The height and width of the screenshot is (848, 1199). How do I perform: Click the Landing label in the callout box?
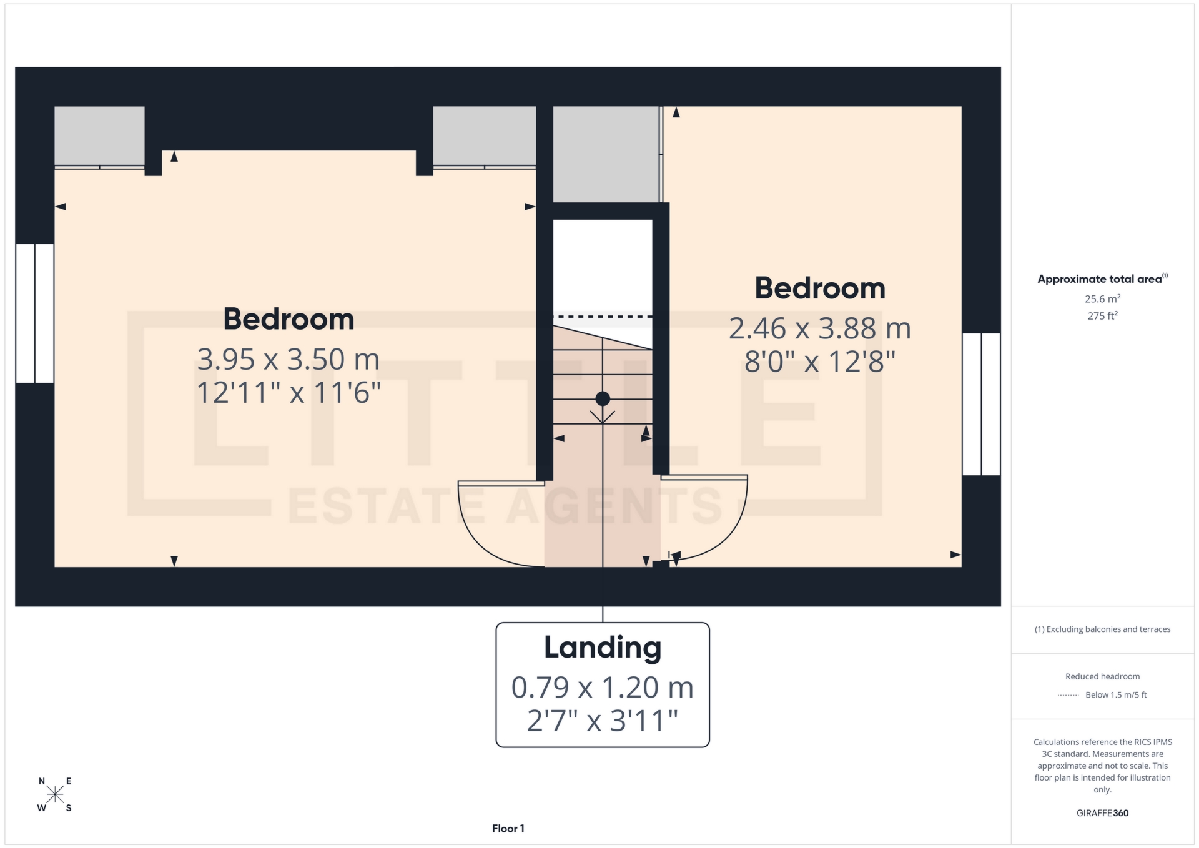point(602,648)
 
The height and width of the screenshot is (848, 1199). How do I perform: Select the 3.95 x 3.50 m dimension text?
point(289,360)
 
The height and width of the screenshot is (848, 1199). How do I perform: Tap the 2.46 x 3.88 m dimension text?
point(819,329)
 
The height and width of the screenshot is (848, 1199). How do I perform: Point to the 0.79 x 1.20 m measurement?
point(602,688)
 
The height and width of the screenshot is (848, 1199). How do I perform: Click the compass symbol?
point(55,794)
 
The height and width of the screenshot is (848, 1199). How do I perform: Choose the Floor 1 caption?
point(508,829)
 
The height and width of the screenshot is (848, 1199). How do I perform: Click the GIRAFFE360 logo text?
point(1102,813)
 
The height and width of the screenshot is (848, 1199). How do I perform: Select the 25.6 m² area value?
point(1102,299)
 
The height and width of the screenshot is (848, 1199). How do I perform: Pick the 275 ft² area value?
point(1102,316)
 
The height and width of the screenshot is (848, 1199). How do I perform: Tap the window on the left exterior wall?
point(34,313)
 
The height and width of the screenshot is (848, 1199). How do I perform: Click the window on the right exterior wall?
point(981,404)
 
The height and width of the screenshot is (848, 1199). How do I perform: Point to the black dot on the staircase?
point(603,398)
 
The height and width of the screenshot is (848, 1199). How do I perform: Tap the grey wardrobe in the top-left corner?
point(99,136)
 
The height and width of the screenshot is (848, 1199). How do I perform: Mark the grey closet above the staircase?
point(605,154)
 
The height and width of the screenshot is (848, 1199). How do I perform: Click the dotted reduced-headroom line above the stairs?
point(603,317)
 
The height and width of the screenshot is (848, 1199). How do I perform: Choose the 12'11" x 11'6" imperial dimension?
point(289,393)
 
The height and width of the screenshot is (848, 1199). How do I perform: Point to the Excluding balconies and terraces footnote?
point(1102,629)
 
